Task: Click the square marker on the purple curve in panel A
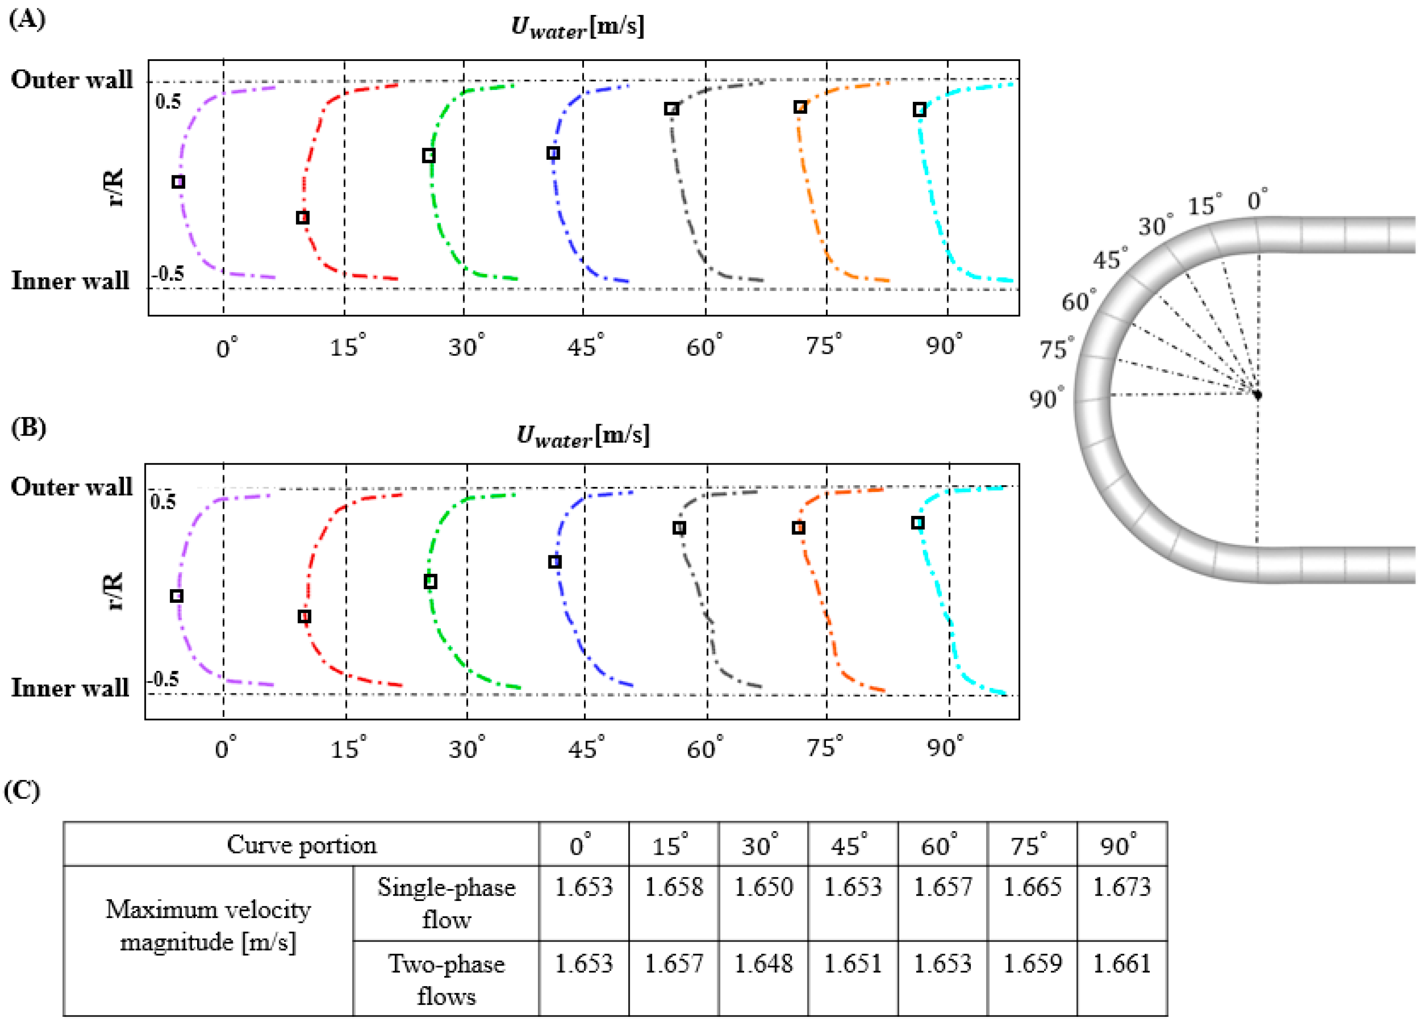(178, 182)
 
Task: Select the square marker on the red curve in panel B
(304, 616)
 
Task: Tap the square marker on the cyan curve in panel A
(919, 110)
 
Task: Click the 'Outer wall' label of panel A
(72, 80)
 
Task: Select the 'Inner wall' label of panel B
(70, 688)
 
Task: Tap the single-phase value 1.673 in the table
(1121, 887)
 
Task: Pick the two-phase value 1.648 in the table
(763, 963)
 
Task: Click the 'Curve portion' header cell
(301, 845)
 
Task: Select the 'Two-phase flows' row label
(446, 979)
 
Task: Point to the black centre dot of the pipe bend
(1257, 395)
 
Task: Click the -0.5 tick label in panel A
(168, 274)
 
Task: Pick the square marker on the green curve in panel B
(430, 581)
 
